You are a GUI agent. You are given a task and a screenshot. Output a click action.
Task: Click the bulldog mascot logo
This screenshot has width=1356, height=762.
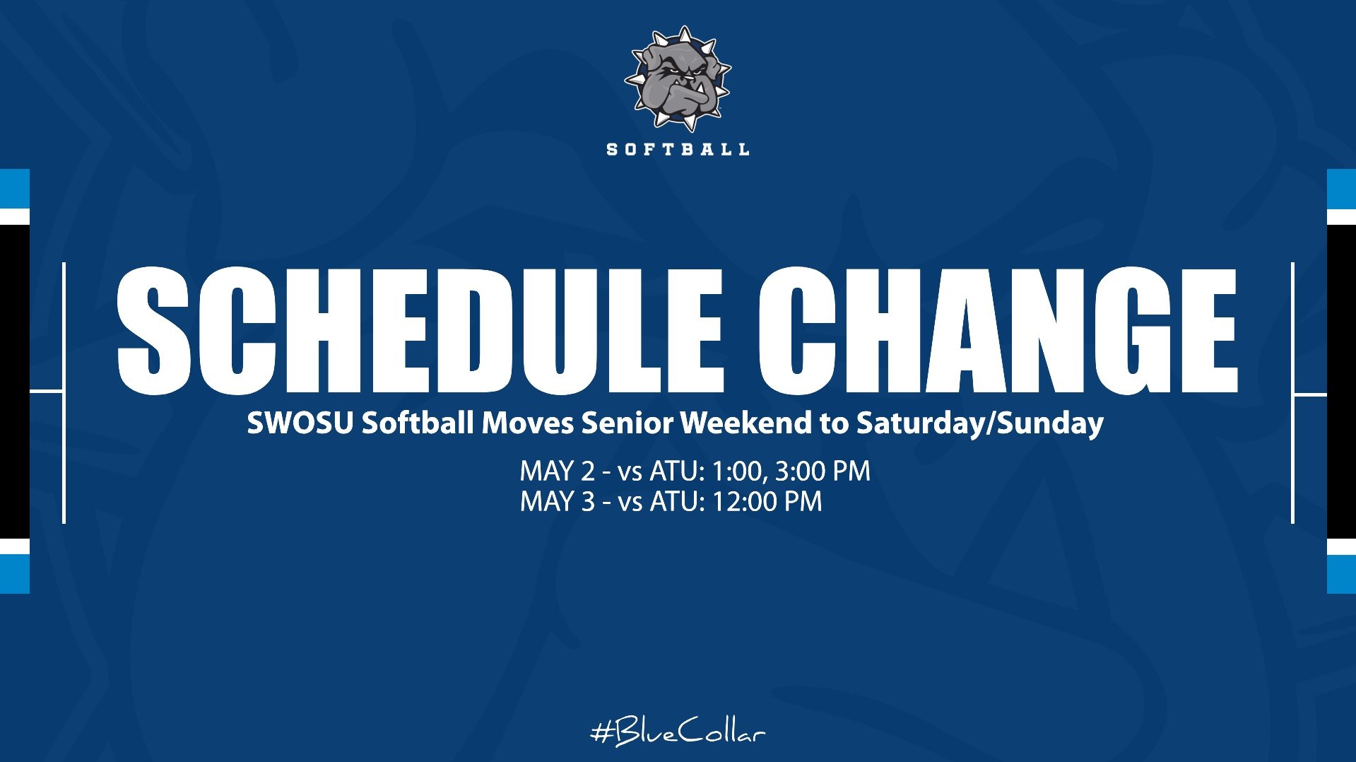pos(678,78)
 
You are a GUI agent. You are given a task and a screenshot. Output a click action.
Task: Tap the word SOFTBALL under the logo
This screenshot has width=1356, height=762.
pos(678,149)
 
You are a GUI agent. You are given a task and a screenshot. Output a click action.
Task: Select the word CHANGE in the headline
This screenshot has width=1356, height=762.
pos(998,331)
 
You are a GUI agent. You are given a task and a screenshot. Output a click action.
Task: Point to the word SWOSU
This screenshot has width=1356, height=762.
pos(300,423)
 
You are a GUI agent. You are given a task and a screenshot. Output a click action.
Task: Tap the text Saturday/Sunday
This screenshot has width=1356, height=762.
pos(979,423)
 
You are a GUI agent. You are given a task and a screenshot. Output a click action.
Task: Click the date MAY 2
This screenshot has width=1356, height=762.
pos(558,471)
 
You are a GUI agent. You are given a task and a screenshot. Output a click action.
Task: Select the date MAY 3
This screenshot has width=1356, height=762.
pos(558,502)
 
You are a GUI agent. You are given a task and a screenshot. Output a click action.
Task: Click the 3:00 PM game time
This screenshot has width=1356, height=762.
pos(823,471)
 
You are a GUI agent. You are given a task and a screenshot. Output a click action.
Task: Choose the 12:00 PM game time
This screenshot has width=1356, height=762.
pos(767,502)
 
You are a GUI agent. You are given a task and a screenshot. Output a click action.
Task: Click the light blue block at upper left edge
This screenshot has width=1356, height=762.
pos(14,189)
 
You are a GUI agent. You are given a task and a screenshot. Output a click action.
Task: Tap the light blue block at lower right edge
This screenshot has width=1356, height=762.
pos(1341,574)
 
